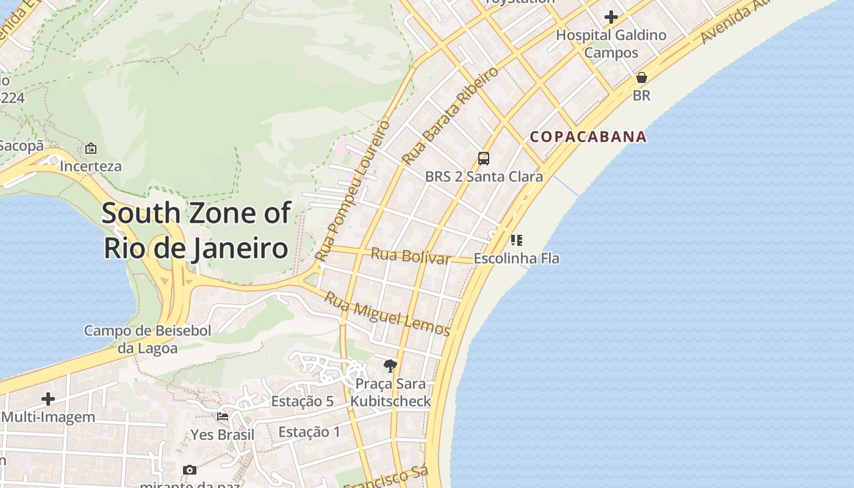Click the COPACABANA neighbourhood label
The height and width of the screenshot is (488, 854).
pos(588,137)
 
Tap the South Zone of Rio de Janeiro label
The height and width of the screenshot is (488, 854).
pos(196,231)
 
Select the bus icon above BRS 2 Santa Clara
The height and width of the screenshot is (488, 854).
pos(484,159)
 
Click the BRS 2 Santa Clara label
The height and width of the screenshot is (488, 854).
pos(484,177)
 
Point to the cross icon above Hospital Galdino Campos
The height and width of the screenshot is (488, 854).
pos(611,17)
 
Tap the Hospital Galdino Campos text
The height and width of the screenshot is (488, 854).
pos(611,44)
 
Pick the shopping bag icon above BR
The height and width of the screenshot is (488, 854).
pos(641,77)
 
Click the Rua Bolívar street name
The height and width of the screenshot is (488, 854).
pos(410,256)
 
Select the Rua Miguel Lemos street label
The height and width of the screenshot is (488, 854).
pos(387,314)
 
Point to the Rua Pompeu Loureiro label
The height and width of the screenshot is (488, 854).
pos(354,191)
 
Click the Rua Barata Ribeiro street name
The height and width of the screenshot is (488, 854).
pos(450,116)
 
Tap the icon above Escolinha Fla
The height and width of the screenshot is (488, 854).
pos(517,240)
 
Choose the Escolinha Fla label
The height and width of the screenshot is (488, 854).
pos(517,258)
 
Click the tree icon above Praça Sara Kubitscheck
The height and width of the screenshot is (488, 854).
pos(390,366)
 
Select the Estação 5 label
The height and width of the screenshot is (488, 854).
pos(302,401)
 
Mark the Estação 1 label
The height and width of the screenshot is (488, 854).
pos(309,432)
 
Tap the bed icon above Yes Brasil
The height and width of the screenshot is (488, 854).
pos(223,417)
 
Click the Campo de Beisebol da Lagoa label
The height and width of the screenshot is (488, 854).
pos(148,339)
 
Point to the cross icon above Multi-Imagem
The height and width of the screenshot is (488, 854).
pos(48,399)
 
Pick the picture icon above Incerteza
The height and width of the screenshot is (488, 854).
pos(91,148)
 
